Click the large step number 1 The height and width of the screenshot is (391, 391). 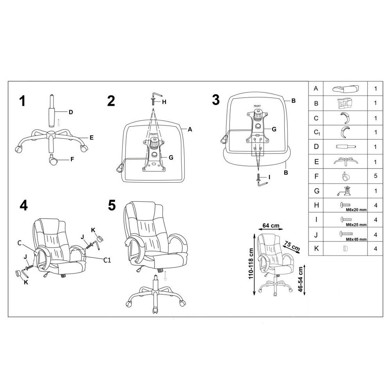pos(22,101)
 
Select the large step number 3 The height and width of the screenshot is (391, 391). pos(216,100)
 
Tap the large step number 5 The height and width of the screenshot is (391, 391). pos(112,206)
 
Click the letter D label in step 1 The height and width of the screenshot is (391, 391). pos(71,112)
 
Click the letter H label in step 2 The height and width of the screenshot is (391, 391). pos(164,102)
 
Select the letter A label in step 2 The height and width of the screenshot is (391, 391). pos(190,129)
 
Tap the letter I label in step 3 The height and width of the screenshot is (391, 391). pos(269,177)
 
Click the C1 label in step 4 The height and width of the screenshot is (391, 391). pos(107,260)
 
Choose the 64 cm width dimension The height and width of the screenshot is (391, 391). pos(271,226)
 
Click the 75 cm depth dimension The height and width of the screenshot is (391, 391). pos(292,246)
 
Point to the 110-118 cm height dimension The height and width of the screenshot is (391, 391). pos(251,264)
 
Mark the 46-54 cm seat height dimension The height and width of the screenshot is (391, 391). pos(300,279)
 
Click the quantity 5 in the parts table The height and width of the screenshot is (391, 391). pos(375,176)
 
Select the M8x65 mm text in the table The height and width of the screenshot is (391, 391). pos(356,239)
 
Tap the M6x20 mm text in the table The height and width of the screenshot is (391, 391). pos(356,210)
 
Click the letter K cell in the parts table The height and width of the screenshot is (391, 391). pos(316,249)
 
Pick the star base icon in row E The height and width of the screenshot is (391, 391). pos(345,161)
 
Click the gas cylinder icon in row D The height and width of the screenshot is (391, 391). pos(346,147)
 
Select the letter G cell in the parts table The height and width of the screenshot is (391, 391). pos(316,191)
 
